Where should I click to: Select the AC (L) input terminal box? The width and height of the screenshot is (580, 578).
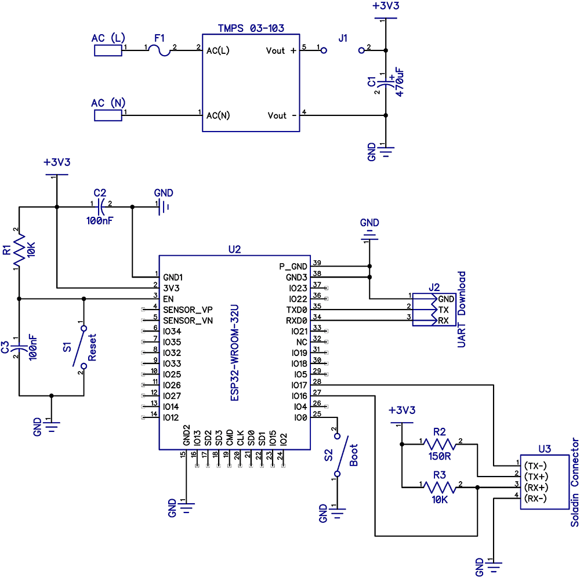(x=108, y=50)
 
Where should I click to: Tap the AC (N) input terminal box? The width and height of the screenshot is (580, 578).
(x=108, y=115)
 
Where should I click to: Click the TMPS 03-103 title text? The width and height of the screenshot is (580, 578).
(x=251, y=28)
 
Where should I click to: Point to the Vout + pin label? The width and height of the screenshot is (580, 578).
(x=281, y=51)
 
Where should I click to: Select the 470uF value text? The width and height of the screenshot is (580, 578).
(x=400, y=83)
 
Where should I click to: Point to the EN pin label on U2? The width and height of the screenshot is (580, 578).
(x=169, y=299)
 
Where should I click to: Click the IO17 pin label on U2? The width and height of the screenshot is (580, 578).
(x=298, y=385)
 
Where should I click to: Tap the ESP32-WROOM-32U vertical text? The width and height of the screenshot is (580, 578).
(x=234, y=354)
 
